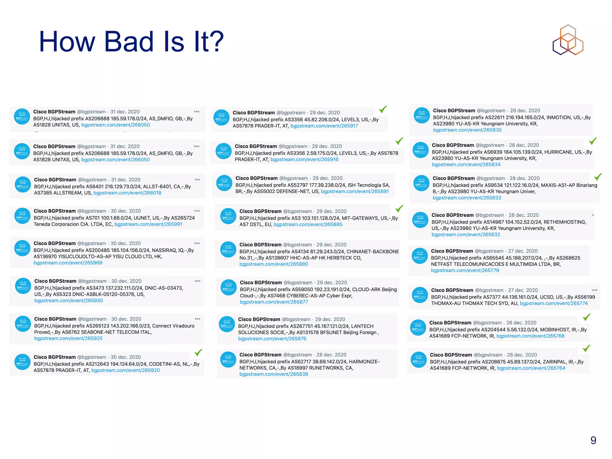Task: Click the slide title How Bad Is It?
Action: [x=131, y=42]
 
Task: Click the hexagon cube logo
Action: [x=568, y=40]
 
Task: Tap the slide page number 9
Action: [x=593, y=440]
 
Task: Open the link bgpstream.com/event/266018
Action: [x=127, y=193]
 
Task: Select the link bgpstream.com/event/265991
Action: [x=148, y=224]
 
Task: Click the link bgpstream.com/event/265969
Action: [x=68, y=263]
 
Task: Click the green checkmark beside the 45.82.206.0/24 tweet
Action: [x=383, y=109]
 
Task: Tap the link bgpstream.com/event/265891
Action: [x=355, y=192]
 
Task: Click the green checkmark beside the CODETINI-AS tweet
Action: [x=198, y=353]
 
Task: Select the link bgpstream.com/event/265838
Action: [x=273, y=374]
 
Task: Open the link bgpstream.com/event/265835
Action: [x=467, y=130]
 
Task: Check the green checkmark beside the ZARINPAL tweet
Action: [x=587, y=348]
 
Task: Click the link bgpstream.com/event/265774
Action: [x=554, y=304]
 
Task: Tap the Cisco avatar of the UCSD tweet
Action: [x=420, y=295]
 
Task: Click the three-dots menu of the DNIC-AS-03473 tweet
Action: [x=198, y=281]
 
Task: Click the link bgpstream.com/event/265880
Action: [x=273, y=264]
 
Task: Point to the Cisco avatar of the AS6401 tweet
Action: [x=23, y=185]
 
